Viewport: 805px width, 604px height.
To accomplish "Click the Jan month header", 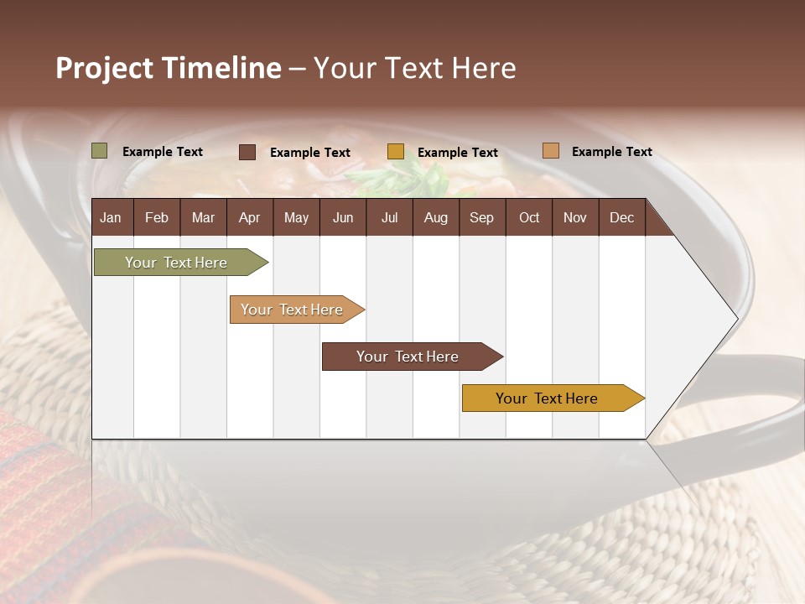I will (111, 217).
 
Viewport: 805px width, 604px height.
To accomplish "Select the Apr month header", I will (249, 217).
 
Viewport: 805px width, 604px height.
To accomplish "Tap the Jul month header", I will (389, 217).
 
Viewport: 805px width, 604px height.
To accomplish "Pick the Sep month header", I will (481, 217).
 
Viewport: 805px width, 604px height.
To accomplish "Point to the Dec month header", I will (621, 217).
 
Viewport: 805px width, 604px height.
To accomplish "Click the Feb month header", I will (157, 217).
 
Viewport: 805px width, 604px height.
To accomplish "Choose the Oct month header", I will (529, 217).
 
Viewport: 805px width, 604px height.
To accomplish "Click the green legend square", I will (100, 151).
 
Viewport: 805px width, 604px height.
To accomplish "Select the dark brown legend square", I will (247, 152).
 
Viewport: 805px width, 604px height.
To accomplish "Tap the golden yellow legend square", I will (396, 152).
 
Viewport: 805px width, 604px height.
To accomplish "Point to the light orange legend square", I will (550, 151).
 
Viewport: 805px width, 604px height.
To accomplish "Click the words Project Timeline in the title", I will (168, 68).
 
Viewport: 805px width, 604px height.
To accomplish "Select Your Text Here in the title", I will (414, 68).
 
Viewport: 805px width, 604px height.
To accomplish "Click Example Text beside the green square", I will (163, 152).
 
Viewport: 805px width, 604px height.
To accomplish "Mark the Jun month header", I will (343, 217).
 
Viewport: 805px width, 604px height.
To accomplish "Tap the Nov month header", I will (575, 217).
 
